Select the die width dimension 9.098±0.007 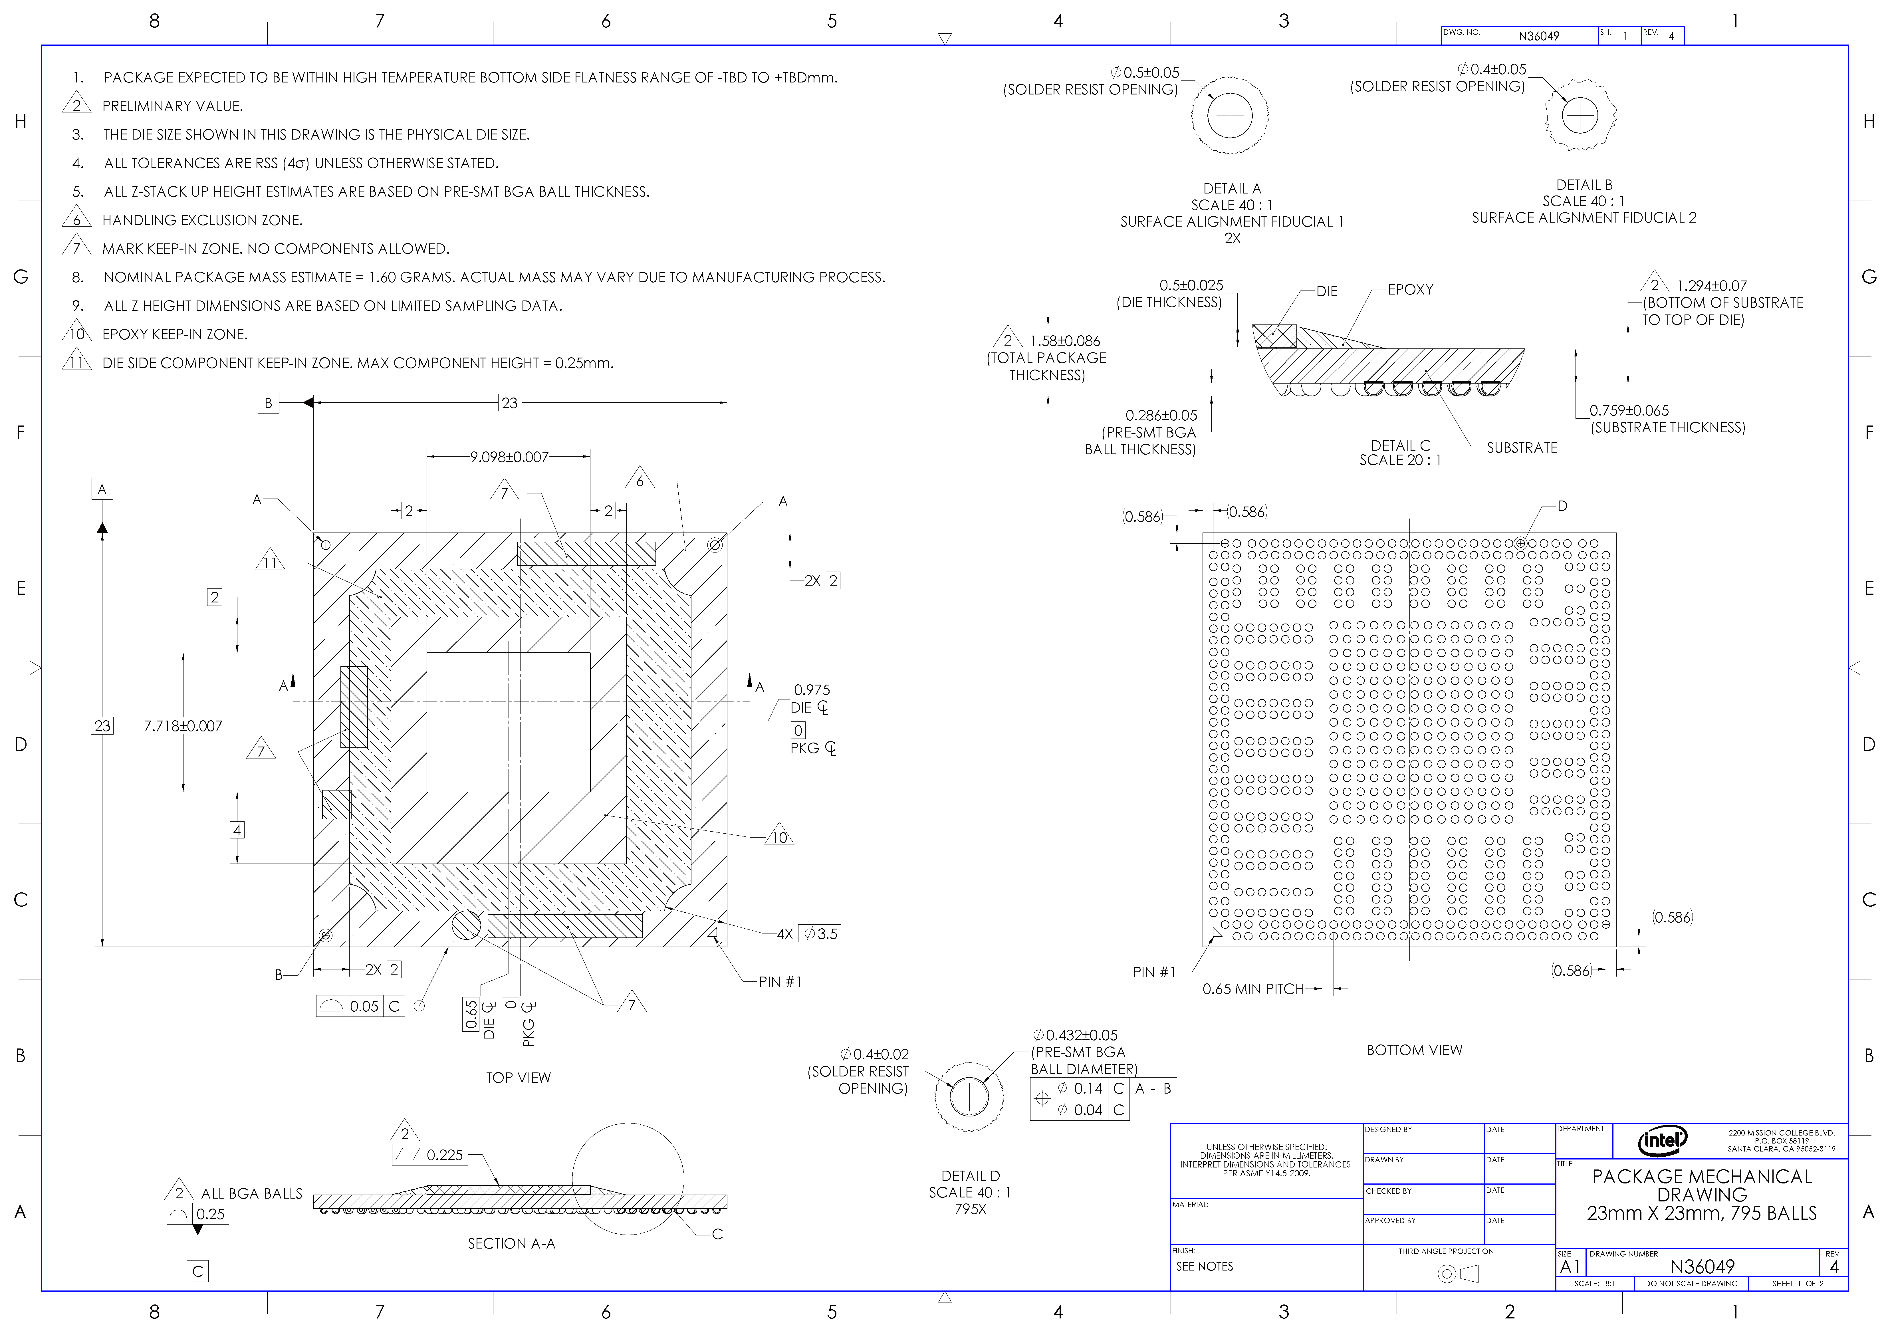[509, 457]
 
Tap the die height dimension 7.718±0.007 [183, 726]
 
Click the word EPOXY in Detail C [1410, 290]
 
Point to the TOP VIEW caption [518, 1077]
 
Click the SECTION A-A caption [511, 1244]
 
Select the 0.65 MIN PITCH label [1253, 989]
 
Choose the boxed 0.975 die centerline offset [812, 690]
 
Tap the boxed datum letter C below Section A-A [197, 1271]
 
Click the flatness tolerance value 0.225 [445, 1155]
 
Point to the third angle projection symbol [1458, 1274]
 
